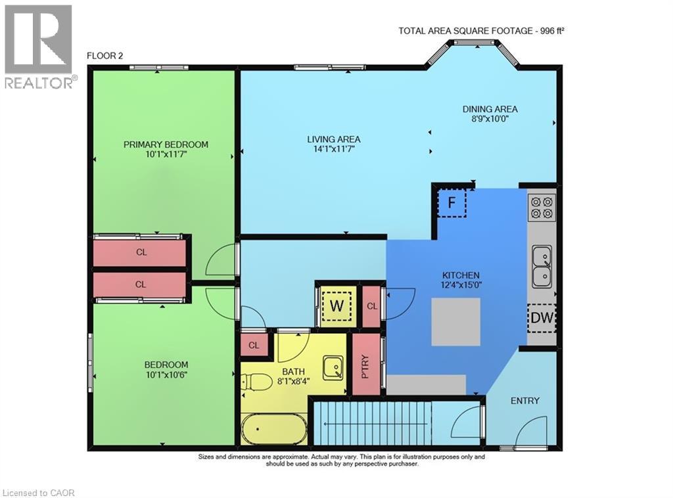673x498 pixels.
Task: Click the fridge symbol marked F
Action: (452, 202)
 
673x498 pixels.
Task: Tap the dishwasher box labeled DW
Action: (542, 319)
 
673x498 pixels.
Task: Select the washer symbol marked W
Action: (336, 306)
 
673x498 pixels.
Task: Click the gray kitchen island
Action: (455, 322)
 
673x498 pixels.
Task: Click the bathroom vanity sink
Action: (333, 365)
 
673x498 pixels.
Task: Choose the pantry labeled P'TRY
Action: (366, 365)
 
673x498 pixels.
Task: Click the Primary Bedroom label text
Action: (166, 145)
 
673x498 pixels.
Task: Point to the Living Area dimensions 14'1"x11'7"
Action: (334, 149)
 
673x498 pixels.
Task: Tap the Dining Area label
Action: (490, 109)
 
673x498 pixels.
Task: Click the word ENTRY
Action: (524, 401)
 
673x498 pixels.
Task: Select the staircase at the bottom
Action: (371, 424)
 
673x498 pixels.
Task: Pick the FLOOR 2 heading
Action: (105, 56)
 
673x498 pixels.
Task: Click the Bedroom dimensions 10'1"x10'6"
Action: (166, 375)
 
